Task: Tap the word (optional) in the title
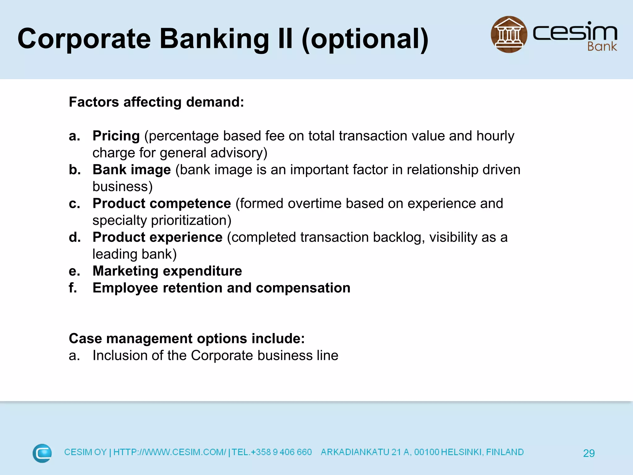[365, 39]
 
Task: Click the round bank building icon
[509, 34]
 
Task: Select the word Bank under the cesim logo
[602, 47]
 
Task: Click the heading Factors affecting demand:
[156, 102]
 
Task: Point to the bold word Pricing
[116, 136]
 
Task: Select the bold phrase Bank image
[132, 169]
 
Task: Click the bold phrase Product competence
[162, 203]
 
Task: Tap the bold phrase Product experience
[158, 237]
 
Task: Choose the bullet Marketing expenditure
[167, 271]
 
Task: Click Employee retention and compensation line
[221, 288]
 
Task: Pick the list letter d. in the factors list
[75, 237]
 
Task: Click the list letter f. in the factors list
[73, 288]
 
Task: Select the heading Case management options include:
[187, 338]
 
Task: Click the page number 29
[588, 453]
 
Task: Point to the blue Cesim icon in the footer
[42, 453]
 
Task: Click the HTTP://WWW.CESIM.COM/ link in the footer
[170, 452]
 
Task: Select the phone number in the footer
[272, 452]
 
